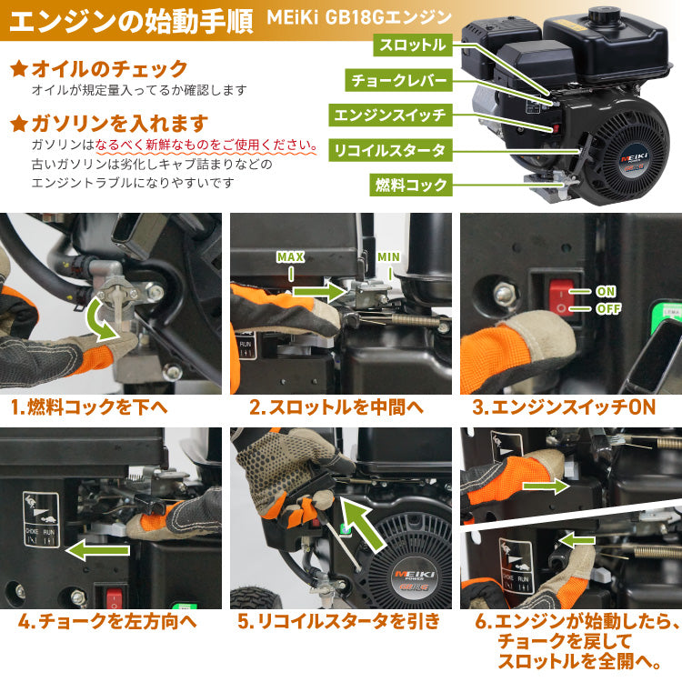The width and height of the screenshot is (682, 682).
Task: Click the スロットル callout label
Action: [x=412, y=45]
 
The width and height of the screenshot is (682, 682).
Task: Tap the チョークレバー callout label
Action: [x=399, y=80]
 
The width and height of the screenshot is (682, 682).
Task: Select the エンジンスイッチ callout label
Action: [x=389, y=115]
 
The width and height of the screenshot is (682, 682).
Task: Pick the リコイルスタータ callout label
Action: [x=389, y=149]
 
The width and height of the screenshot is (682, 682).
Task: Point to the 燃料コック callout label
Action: [x=412, y=185]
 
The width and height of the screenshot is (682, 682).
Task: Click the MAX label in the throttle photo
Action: [x=290, y=257]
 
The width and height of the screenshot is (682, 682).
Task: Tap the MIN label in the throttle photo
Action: [x=388, y=257]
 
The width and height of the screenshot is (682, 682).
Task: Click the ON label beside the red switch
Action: [x=606, y=292]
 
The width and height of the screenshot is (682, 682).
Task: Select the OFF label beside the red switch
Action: [x=607, y=309]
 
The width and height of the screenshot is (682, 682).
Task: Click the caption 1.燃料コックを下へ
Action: [x=88, y=406]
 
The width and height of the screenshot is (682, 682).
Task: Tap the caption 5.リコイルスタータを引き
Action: [x=339, y=622]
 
